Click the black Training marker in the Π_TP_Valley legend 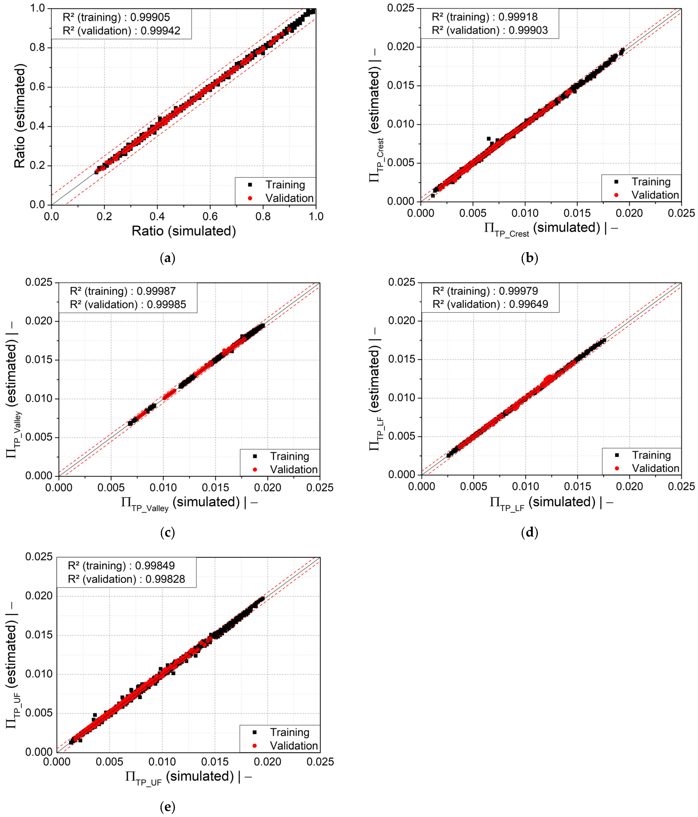point(255,456)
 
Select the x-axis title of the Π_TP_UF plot point(189,777)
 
